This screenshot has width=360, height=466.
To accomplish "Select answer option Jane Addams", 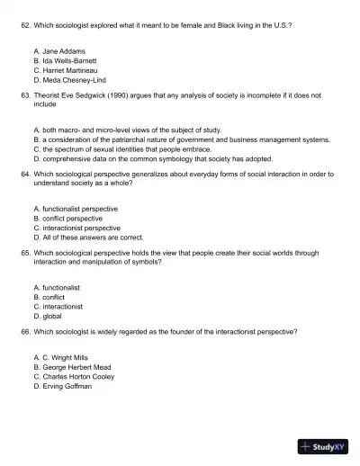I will (58, 51).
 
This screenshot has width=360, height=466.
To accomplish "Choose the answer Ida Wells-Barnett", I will (64, 60).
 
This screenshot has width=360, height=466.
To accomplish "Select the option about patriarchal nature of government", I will (181, 139).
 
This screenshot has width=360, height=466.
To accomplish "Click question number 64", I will (25, 174).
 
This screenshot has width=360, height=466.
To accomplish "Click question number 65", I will (25, 253).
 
